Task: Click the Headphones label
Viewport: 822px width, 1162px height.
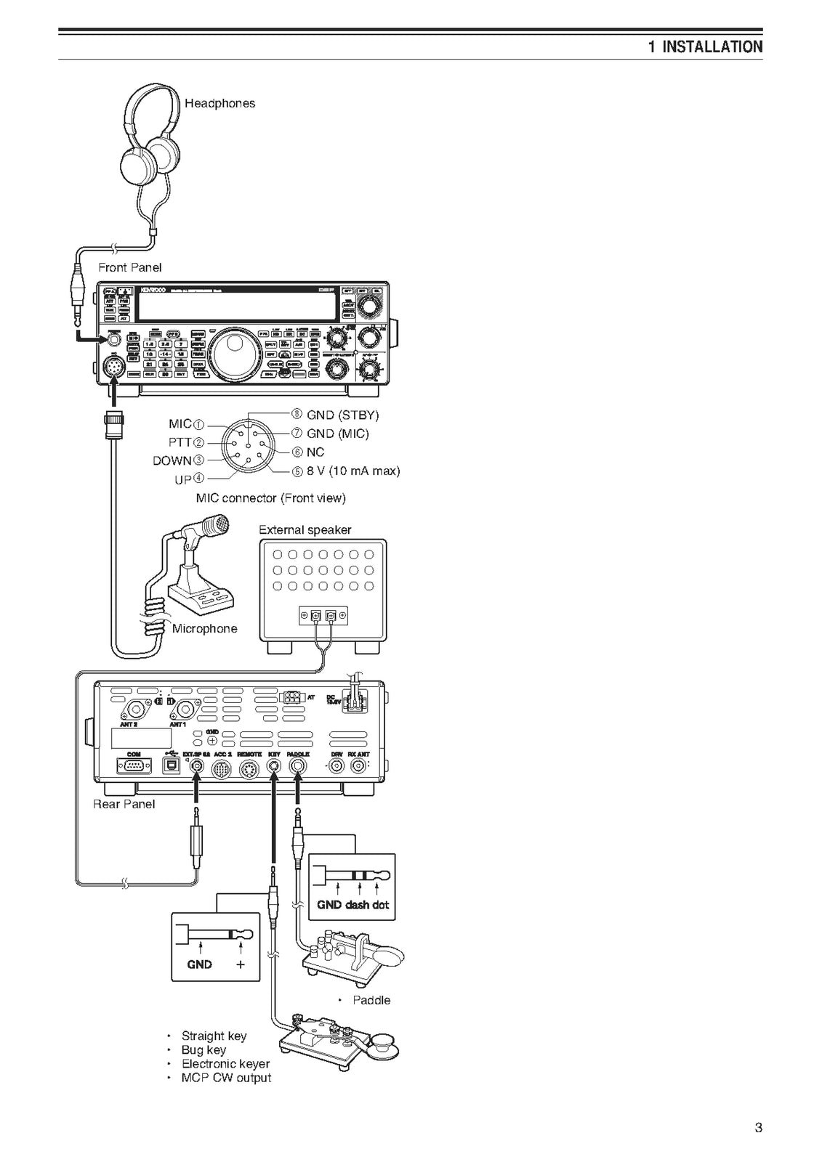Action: [x=219, y=103]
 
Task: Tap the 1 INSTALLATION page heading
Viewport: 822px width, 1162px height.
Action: [x=705, y=47]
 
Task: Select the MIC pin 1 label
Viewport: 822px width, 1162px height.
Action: [x=187, y=424]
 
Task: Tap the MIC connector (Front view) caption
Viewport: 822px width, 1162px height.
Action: [x=270, y=498]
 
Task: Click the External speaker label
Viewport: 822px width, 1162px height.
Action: [x=305, y=529]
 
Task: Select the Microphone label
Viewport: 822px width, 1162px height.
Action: [x=204, y=629]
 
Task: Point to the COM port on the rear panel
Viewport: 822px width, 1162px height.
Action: [x=134, y=766]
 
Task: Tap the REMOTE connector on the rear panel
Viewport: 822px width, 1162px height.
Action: [x=249, y=770]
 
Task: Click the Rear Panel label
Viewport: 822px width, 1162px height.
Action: [x=124, y=804]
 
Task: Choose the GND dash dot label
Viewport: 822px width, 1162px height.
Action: [x=352, y=905]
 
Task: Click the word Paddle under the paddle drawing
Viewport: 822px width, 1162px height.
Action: [x=371, y=1000]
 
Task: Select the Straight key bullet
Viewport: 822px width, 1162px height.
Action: [x=214, y=1036]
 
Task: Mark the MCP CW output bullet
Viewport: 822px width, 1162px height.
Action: [x=226, y=1078]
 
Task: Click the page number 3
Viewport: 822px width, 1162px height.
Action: [x=758, y=1128]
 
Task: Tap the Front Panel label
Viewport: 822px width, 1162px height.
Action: [x=130, y=267]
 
